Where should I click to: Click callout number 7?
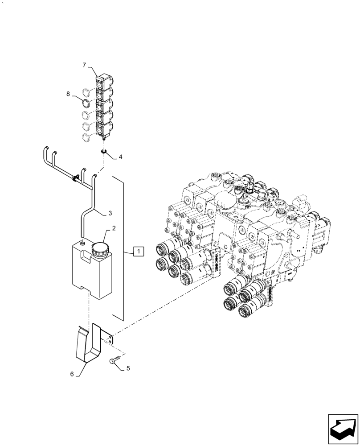pyautogui.click(x=84, y=66)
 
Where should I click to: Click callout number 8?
pyautogui.click(x=68, y=94)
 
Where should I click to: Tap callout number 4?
pyautogui.click(x=120, y=157)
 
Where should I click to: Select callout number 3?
pyautogui.click(x=110, y=214)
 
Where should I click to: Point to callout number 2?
pyautogui.click(x=114, y=228)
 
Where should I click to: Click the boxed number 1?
pyautogui.click(x=139, y=252)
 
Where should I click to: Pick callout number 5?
pyautogui.click(x=128, y=368)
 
